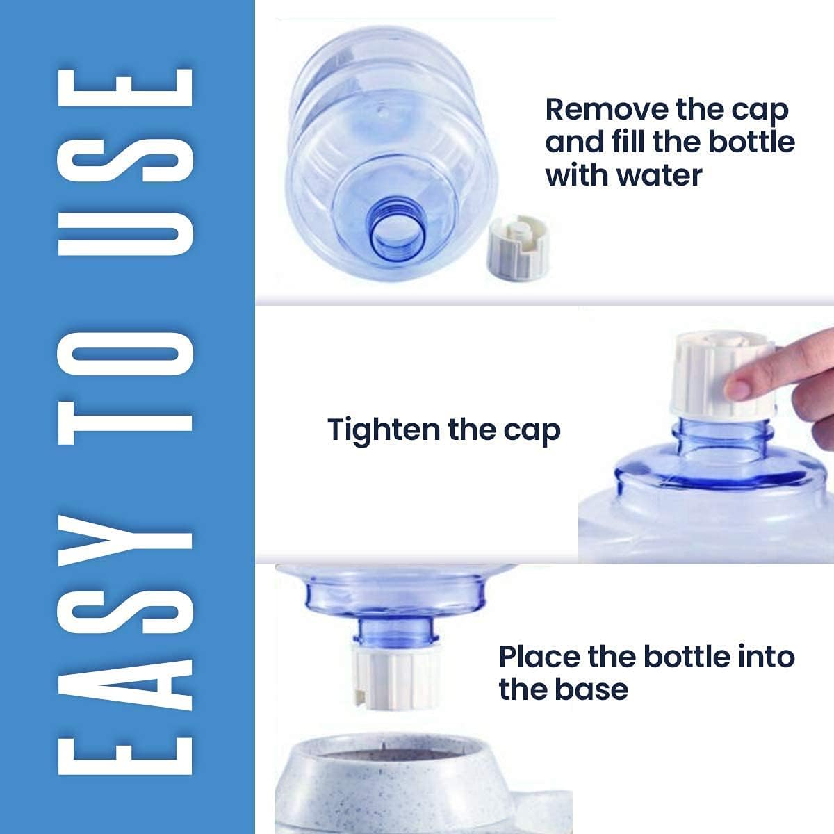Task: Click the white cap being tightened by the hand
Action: click(x=722, y=375)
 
